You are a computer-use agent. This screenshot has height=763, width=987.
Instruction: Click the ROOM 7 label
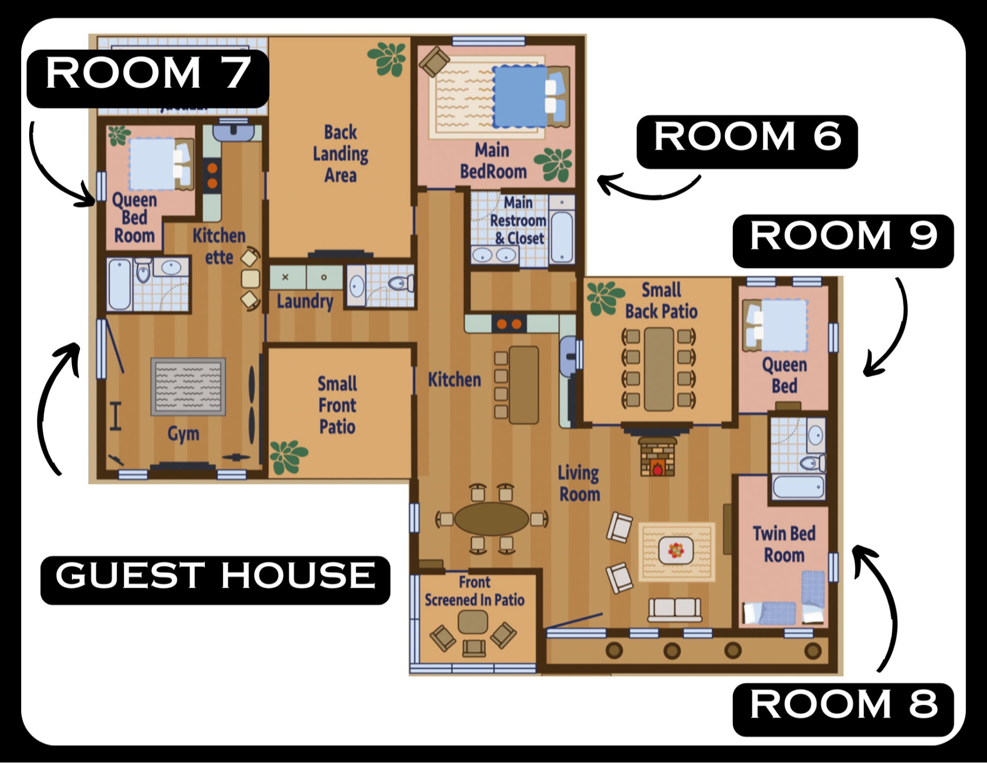tap(148, 78)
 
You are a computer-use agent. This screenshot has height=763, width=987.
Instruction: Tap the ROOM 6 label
tap(747, 142)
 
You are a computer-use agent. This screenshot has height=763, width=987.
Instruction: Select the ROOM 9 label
tap(843, 241)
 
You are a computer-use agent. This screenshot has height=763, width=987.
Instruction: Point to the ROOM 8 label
tap(843, 710)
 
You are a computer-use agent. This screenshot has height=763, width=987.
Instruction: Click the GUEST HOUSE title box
tap(216, 580)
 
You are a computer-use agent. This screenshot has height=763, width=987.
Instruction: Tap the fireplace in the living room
tap(657, 456)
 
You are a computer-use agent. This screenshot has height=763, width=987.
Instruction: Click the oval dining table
tap(491, 519)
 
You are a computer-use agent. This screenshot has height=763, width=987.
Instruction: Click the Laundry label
tap(305, 301)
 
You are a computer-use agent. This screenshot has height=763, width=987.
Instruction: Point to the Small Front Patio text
tap(337, 405)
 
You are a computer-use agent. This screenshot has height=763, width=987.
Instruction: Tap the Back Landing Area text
tap(340, 154)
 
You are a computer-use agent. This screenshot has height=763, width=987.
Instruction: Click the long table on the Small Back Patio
tap(659, 369)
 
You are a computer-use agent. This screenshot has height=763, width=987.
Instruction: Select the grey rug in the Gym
tap(188, 387)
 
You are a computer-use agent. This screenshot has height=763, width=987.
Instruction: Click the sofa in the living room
tap(675, 610)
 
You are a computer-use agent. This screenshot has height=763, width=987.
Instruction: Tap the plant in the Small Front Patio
tap(288, 457)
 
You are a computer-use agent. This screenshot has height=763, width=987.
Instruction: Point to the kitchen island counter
tap(524, 385)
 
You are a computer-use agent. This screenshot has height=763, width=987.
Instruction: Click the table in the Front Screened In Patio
tap(473, 622)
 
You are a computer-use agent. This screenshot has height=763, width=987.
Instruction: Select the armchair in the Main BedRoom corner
tap(434, 61)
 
